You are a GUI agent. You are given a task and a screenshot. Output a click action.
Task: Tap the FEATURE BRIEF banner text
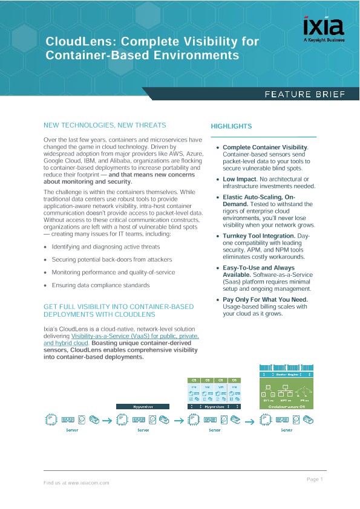click(x=304, y=94)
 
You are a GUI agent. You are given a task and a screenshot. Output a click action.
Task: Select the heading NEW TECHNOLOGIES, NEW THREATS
click(x=105, y=125)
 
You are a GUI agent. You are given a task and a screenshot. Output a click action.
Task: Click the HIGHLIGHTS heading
click(x=231, y=126)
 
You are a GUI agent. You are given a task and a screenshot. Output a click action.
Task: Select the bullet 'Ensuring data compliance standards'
click(x=100, y=285)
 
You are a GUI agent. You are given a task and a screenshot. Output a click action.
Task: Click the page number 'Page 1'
click(x=315, y=479)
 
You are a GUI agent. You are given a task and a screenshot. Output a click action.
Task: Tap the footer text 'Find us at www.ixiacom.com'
click(x=76, y=483)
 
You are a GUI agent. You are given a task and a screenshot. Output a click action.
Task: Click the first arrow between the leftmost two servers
click(x=106, y=418)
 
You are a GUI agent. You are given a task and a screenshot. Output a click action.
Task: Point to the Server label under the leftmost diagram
click(x=71, y=430)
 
